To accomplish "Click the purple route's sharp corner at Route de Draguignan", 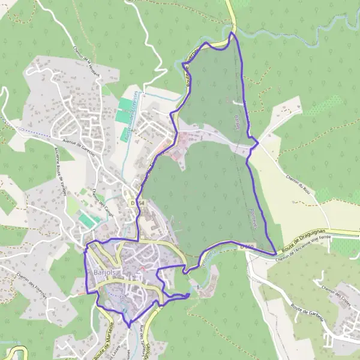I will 275,253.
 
